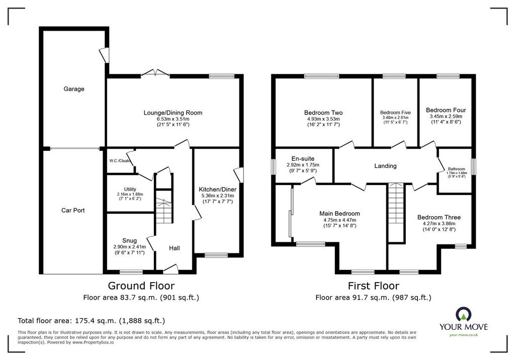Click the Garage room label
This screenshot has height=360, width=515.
74,88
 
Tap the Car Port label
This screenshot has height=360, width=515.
73,210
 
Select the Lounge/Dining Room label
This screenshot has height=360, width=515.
173,113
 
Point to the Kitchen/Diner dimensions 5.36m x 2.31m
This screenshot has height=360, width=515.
217,196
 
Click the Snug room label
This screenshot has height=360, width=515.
129,240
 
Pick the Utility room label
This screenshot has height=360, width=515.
130,189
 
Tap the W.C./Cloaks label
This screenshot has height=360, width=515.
120,161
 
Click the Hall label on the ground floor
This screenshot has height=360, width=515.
175,248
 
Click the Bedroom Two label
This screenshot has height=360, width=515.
323,113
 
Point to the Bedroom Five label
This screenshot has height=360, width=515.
395,112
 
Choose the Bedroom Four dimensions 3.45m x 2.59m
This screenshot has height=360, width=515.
446,116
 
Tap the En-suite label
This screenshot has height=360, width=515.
303,159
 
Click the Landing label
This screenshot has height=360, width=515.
385,166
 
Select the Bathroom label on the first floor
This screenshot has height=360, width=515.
457,169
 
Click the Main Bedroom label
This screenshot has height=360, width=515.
339,214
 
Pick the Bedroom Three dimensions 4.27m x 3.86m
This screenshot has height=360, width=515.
439,223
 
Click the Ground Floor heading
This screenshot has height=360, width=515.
141,286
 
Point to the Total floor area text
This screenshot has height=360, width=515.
92,321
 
